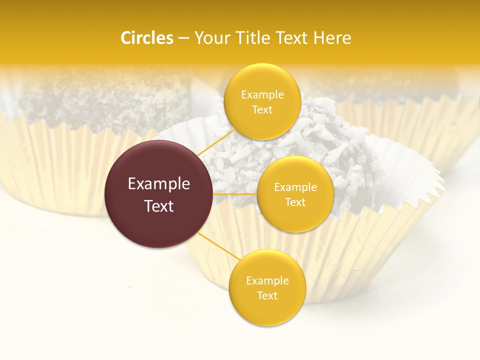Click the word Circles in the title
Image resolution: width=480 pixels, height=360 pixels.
point(147,38)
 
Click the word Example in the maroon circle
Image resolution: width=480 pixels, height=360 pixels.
point(159,184)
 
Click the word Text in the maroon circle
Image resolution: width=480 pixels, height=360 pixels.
point(159,206)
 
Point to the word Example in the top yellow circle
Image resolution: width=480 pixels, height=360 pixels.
point(262,95)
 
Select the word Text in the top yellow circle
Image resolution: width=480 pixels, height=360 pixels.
point(262,110)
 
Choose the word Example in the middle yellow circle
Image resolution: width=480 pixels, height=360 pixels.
point(295,187)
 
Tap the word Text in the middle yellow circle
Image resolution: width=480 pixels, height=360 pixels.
point(295,202)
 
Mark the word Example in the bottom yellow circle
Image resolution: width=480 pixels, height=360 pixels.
point(267,281)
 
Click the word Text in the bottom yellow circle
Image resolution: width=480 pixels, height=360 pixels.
point(267,296)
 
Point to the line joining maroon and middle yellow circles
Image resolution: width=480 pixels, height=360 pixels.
point(235,194)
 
